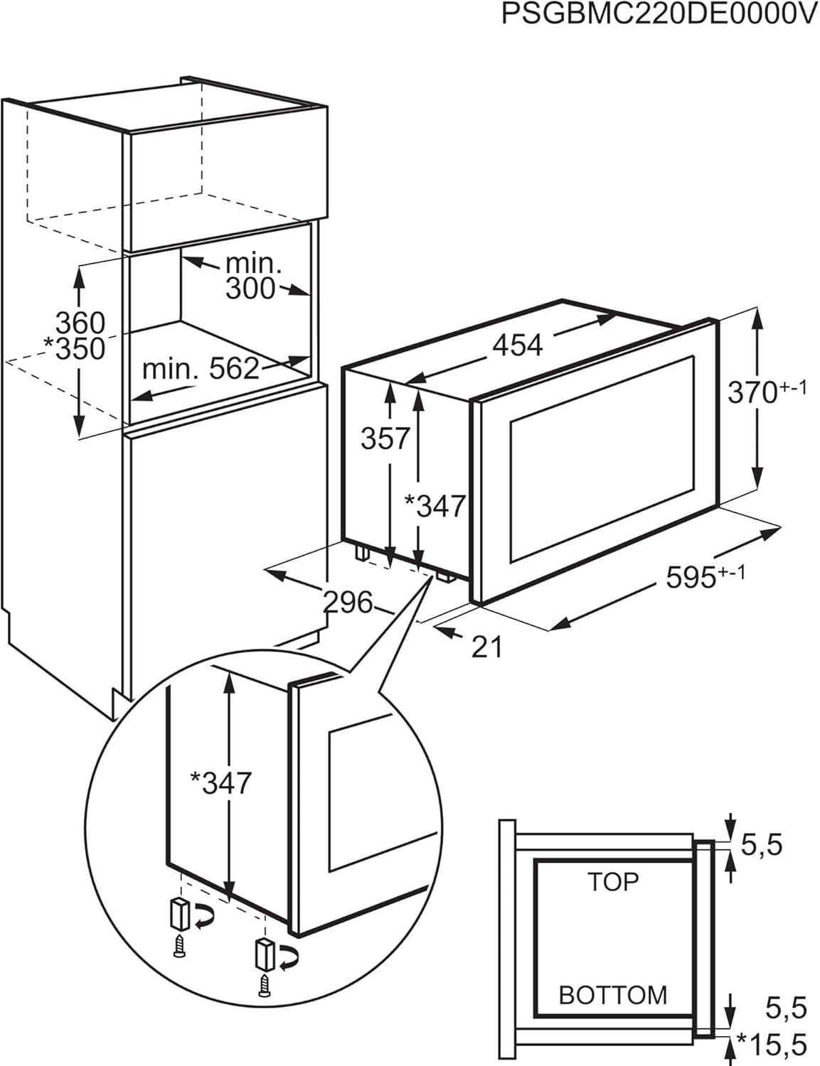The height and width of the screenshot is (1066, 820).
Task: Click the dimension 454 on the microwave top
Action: coord(517,345)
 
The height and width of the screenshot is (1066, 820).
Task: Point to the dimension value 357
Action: coord(385,438)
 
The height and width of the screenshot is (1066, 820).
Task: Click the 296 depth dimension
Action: coord(348,603)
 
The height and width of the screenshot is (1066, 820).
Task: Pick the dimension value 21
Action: coord(487,647)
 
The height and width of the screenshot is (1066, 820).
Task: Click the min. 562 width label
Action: coord(201,368)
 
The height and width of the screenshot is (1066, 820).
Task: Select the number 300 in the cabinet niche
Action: coord(250,289)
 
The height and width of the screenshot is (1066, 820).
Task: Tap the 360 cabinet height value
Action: coord(80,323)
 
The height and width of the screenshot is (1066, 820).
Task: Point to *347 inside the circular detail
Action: coord(220,783)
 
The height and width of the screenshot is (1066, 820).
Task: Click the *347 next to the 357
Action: coord(434,506)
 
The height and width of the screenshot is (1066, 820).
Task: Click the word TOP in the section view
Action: coord(613,882)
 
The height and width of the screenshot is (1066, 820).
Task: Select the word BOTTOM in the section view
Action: coord(613,995)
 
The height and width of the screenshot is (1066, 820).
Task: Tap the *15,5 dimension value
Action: coord(772,1045)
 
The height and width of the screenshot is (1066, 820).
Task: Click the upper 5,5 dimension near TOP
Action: coord(762,845)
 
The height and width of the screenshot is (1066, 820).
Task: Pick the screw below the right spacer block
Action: coord(265,986)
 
